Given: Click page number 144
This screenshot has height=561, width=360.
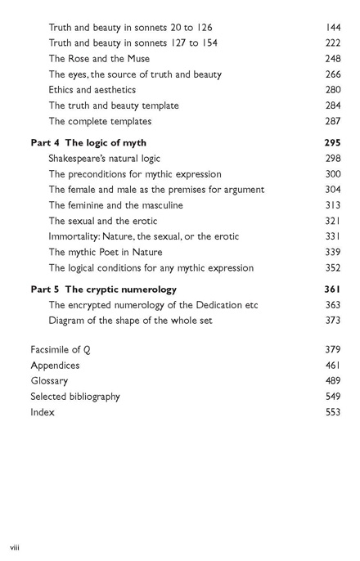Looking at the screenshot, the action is (332, 27).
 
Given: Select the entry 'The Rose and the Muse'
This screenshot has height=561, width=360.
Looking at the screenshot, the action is (99, 59).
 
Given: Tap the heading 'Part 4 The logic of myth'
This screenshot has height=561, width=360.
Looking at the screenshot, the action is (88, 143).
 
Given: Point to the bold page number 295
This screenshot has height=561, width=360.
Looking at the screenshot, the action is (332, 143).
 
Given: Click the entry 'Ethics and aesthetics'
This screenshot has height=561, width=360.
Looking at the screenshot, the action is (92, 90).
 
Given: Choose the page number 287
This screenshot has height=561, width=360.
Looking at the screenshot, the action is (332, 121).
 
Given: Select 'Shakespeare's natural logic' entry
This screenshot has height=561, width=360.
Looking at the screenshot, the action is (104, 159).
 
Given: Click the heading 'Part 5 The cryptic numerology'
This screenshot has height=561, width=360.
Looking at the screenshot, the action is (103, 289).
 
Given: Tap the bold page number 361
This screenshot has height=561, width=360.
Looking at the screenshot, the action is (332, 289).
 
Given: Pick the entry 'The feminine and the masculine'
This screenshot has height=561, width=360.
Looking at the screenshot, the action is (119, 205).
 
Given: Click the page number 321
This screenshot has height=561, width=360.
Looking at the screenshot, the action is (332, 221).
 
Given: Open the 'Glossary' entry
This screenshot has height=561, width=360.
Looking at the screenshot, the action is (49, 381).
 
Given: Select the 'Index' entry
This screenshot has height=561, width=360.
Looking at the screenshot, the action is (43, 412).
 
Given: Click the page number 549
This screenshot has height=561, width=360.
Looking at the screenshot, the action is (332, 397).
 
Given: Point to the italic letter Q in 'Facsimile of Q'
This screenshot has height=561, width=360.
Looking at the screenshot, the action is (87, 350).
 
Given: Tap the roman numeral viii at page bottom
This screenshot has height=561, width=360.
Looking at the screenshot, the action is (15, 545).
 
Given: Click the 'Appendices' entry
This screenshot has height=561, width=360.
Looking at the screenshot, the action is (55, 366).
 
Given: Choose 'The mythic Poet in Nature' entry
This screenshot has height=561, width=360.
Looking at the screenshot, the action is (106, 252).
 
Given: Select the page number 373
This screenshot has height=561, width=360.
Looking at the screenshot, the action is (332, 321).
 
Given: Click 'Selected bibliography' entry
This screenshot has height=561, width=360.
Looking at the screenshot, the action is (75, 397).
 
